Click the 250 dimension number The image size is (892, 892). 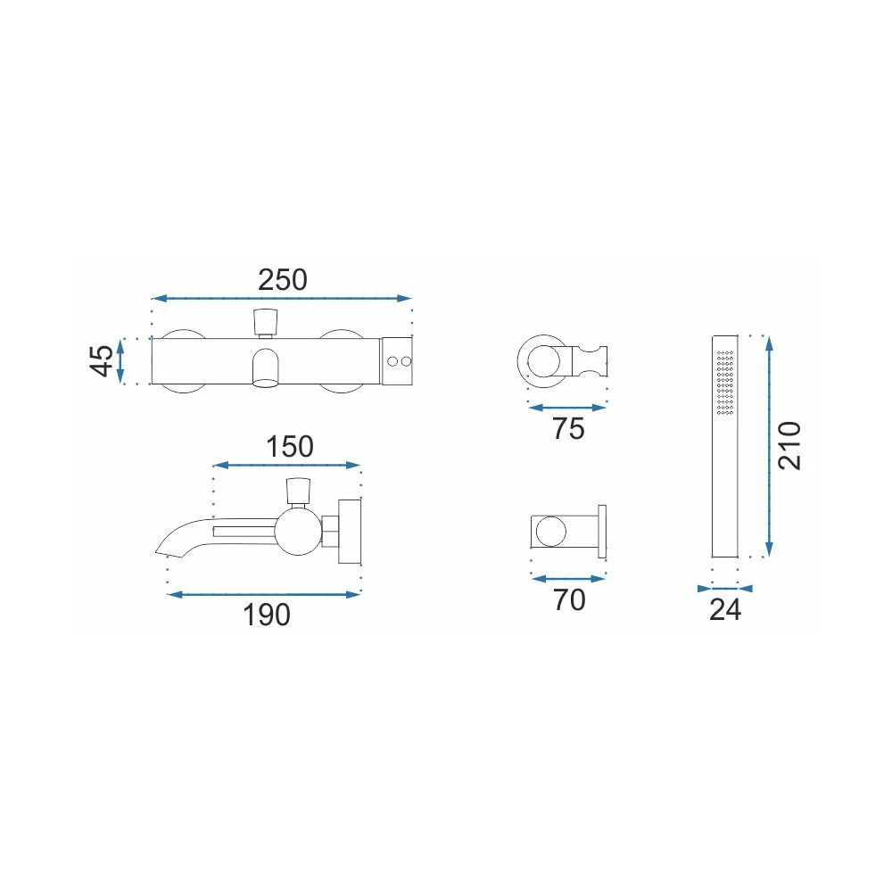[x=283, y=280]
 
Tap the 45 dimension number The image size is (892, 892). [x=102, y=360]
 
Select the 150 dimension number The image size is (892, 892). [x=290, y=447]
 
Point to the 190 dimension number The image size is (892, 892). [x=266, y=615]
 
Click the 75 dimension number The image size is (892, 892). [x=568, y=429]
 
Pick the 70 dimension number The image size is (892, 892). [x=569, y=600]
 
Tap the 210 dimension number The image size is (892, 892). [x=789, y=445]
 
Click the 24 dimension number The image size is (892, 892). [x=725, y=610]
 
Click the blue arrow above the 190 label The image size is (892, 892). [x=264, y=594]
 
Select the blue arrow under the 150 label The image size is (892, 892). [x=286, y=466]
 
